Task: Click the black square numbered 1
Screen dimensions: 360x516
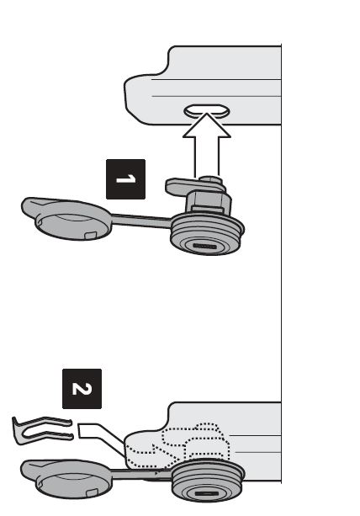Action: (125, 179)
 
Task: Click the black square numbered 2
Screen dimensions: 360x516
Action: (82, 389)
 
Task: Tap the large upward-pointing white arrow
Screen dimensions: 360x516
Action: (206, 145)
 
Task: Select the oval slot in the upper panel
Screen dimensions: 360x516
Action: (206, 111)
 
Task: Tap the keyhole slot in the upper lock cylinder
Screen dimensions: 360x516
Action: (204, 246)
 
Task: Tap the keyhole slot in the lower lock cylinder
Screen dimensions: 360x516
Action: (206, 493)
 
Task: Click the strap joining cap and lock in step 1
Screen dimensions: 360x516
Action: (141, 221)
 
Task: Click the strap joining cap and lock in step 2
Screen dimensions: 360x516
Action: (141, 475)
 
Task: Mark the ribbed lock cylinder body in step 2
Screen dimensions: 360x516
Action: (208, 481)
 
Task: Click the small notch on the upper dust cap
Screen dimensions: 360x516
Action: (91, 235)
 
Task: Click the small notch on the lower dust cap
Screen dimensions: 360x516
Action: (92, 492)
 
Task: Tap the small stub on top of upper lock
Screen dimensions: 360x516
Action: (210, 179)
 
